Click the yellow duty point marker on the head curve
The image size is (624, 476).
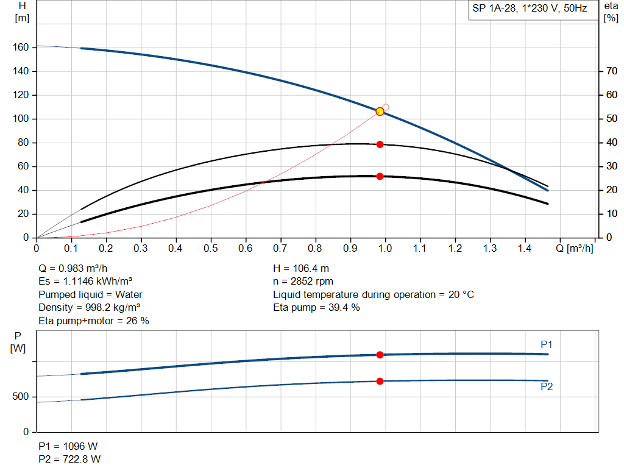coord(380,112)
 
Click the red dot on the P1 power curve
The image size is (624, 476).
coord(380,355)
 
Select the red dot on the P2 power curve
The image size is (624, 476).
coord(380,381)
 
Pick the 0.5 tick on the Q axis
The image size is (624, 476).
coord(211,249)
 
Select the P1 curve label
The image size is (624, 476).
coord(547,345)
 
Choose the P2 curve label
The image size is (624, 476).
coord(547,386)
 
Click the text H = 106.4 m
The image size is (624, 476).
coord(301,268)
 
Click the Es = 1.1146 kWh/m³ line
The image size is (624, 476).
coord(85,282)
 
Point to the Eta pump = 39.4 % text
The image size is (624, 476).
coord(316,308)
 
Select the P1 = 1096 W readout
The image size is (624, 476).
coord(67,446)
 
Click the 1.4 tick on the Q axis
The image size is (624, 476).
coord(524,249)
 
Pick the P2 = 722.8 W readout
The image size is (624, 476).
coord(69,459)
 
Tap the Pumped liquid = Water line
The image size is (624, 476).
coord(90,294)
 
